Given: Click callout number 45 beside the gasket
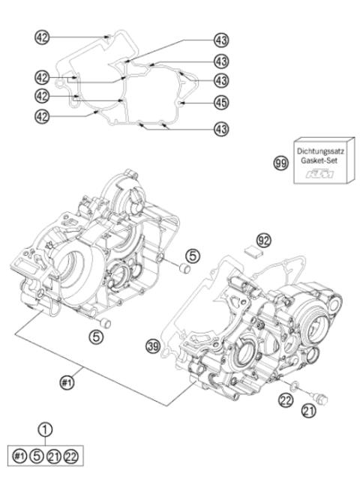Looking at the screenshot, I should point(220,100).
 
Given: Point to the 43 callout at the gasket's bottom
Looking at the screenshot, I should point(220,130).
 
